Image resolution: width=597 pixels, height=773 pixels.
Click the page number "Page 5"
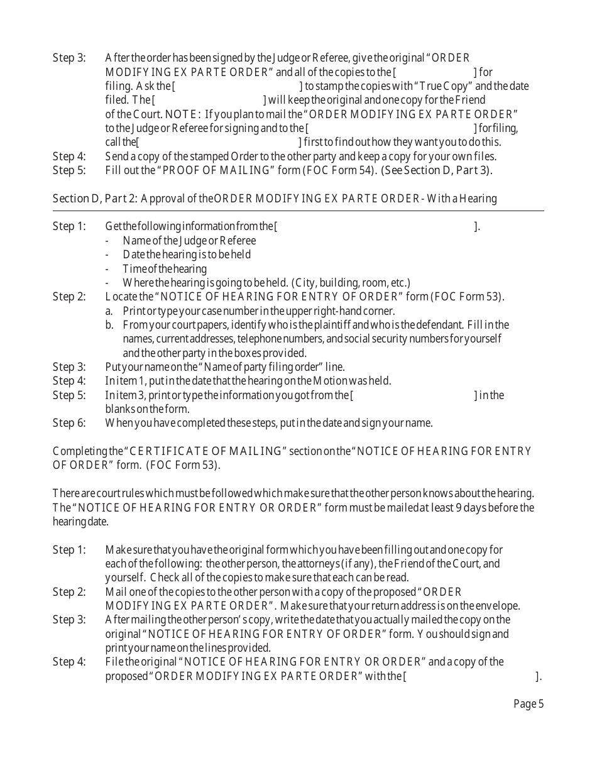pos(529,704)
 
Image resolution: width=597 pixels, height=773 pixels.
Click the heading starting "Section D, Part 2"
pos(275,199)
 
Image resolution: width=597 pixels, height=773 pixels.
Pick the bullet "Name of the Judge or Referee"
pos(189,241)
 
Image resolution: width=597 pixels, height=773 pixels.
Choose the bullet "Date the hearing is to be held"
pos(187,255)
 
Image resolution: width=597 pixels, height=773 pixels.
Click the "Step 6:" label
pos(68,423)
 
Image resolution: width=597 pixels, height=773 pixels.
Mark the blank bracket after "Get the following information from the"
pos(375,226)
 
